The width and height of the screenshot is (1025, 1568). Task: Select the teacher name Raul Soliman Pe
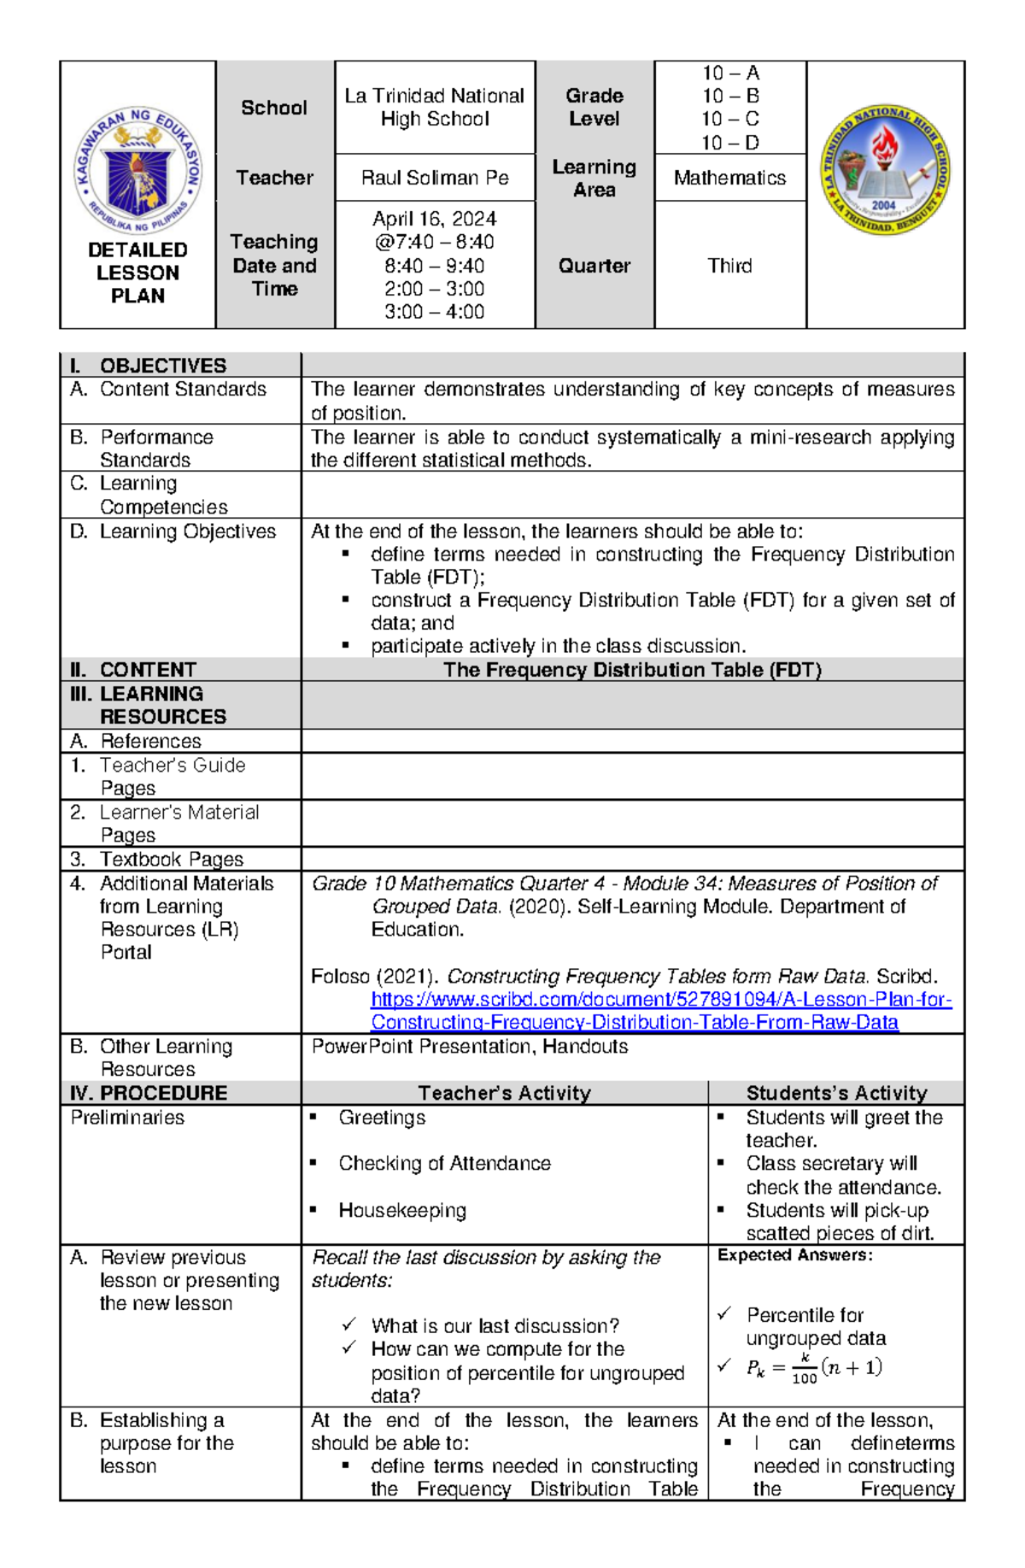click(x=435, y=178)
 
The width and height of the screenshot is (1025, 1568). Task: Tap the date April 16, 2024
click(x=435, y=219)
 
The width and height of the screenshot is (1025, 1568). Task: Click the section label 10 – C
click(x=730, y=119)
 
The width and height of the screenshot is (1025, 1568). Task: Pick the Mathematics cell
click(x=729, y=178)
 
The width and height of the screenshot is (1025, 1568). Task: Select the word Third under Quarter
click(x=729, y=266)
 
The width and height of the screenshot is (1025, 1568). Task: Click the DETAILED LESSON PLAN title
click(x=138, y=273)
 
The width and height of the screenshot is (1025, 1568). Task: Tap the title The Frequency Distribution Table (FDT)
click(x=632, y=670)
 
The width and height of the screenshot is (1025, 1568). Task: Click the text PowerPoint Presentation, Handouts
click(x=470, y=1047)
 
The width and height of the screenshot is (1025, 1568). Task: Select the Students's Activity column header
click(x=836, y=1093)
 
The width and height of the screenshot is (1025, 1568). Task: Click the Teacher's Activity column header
click(x=504, y=1093)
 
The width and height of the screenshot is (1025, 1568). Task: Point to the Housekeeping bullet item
click(x=401, y=1210)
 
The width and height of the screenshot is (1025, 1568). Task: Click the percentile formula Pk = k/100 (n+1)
click(x=813, y=1368)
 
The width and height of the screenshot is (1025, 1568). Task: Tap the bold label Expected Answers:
click(x=794, y=1255)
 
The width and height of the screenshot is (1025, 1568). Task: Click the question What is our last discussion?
click(x=495, y=1326)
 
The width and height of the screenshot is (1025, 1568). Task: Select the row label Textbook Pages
click(x=171, y=859)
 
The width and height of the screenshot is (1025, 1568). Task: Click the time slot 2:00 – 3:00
click(x=434, y=289)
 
